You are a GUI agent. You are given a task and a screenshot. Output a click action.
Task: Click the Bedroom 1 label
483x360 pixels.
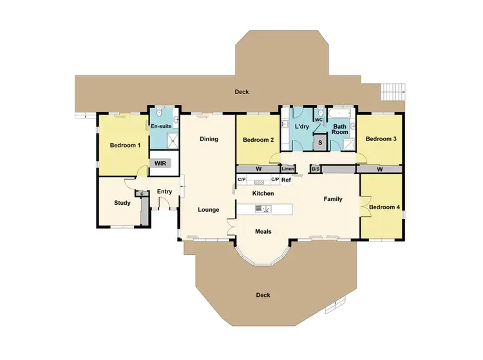(x=125, y=146)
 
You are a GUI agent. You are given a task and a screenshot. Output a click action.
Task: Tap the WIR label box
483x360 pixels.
(x=160, y=164)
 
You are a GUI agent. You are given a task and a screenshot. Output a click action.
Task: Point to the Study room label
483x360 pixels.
(x=122, y=203)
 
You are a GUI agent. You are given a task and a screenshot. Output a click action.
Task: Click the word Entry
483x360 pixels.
(x=164, y=191)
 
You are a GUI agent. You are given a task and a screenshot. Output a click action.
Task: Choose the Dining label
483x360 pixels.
(x=209, y=139)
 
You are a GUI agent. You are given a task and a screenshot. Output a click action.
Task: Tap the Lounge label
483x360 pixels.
(x=209, y=210)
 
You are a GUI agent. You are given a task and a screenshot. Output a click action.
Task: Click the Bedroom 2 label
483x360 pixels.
(x=258, y=140)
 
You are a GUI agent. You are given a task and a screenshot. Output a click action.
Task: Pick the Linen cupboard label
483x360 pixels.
(x=287, y=169)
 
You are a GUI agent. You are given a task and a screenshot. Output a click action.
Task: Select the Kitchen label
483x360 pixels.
(x=263, y=193)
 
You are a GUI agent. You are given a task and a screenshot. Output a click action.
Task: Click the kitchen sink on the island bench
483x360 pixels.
(x=264, y=209)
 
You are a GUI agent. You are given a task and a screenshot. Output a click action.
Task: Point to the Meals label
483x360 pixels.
(x=263, y=231)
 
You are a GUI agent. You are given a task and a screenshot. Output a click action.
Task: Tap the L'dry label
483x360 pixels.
(x=302, y=127)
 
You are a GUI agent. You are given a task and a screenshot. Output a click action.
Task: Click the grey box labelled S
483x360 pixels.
(x=320, y=143)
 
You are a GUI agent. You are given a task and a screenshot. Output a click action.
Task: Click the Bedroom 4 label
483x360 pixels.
(x=384, y=207)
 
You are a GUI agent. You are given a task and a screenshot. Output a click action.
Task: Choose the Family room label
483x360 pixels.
(x=332, y=199)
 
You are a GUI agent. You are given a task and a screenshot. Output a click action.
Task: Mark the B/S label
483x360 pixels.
(x=316, y=169)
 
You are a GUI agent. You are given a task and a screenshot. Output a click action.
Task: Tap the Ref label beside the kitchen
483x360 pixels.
(x=287, y=180)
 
